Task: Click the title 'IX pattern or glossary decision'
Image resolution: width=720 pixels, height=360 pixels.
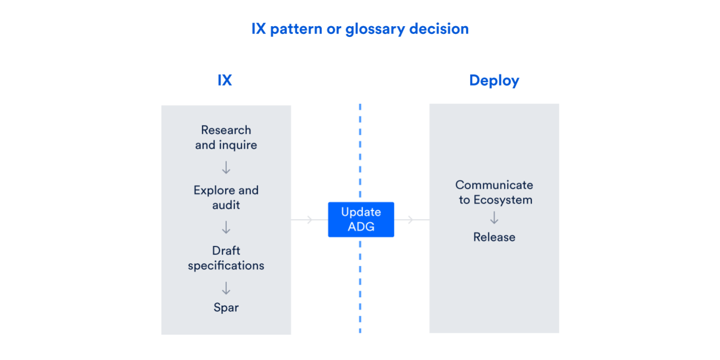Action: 360,29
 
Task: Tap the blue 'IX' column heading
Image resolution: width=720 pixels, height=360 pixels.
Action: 225,81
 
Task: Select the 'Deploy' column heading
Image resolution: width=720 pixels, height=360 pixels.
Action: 494,81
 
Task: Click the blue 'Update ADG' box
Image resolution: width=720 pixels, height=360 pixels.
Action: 361,220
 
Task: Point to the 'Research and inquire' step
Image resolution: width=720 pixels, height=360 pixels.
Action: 226,138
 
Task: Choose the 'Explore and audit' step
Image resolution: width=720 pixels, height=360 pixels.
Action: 226,197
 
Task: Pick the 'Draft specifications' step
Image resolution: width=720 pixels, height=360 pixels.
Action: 226,258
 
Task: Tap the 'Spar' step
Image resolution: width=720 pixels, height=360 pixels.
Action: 226,308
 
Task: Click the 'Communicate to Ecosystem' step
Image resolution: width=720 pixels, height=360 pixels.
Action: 494,192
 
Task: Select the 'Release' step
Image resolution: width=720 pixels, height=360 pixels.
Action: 494,237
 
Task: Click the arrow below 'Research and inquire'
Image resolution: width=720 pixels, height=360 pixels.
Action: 226,168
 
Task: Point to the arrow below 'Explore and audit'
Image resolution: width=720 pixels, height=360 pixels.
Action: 226,228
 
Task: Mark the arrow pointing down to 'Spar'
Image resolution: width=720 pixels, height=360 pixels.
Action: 226,288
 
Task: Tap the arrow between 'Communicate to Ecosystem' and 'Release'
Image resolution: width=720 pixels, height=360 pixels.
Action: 494,218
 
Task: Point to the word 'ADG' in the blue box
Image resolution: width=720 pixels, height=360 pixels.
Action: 361,227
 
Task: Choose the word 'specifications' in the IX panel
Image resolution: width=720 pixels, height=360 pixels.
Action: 226,266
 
